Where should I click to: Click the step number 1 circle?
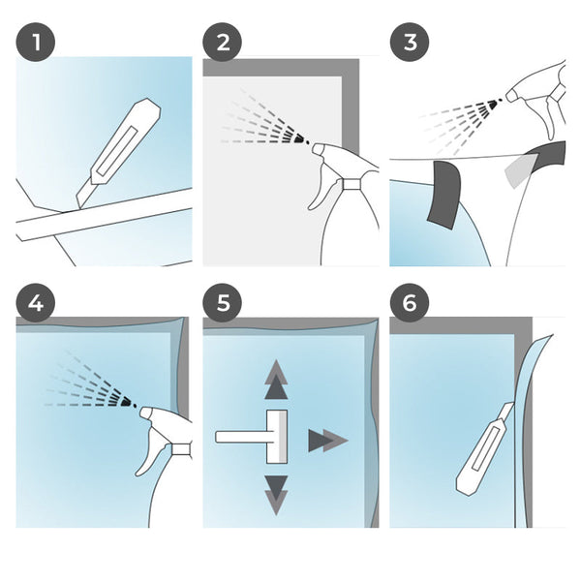[36, 42]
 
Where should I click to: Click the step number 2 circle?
[223, 42]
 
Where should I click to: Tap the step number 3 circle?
[410, 42]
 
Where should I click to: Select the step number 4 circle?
[36, 303]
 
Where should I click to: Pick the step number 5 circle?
[223, 303]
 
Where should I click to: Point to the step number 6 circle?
[410, 303]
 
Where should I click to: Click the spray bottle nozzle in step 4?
[147, 413]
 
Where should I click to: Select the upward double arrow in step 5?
[276, 379]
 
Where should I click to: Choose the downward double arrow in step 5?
[276, 496]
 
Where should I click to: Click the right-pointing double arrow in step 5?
[327, 441]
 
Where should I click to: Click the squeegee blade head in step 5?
[277, 437]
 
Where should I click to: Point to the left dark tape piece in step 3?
[444, 195]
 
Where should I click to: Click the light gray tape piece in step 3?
[519, 170]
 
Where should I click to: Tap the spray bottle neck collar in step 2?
[352, 184]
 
